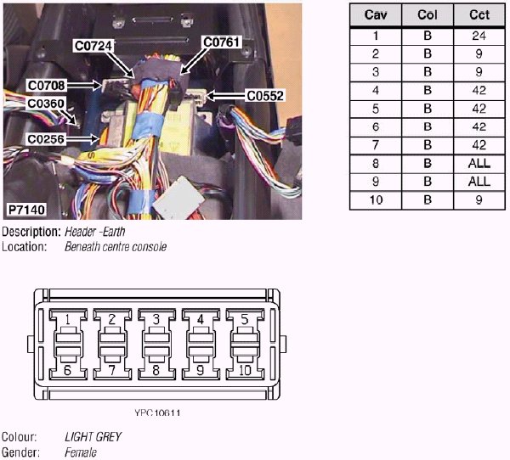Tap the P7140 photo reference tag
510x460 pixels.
tap(27, 209)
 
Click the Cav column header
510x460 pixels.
tap(376, 16)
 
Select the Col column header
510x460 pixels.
tap(427, 16)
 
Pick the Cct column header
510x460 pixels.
tap(479, 16)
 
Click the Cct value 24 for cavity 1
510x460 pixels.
tap(479, 36)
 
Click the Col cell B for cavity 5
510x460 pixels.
tap(427, 109)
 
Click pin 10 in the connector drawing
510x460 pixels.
tap(244, 371)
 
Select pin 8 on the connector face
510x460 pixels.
tap(156, 371)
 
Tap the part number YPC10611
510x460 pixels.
tap(157, 413)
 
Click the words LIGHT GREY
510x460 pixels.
tap(93, 437)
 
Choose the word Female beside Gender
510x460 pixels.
tap(81, 452)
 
